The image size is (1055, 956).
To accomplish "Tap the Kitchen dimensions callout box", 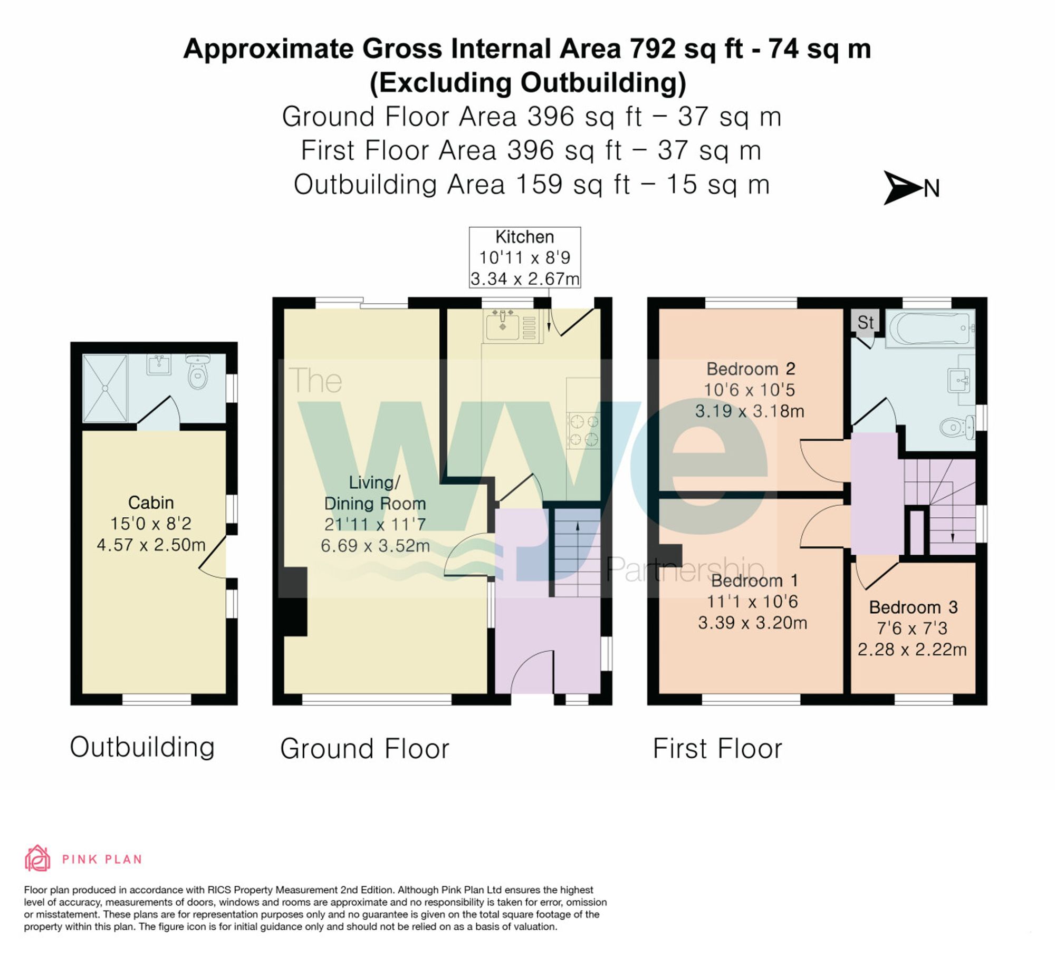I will point(524,257).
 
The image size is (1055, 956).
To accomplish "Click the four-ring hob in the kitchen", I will point(583,430).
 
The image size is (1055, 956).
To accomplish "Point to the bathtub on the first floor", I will point(929,328).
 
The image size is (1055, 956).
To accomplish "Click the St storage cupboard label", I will point(865,322).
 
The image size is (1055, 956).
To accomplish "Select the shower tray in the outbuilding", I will point(105,388).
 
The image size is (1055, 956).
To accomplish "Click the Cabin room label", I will point(151,503).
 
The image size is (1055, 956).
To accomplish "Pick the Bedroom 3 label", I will point(913,607).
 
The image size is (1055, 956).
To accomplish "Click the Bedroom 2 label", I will point(751,369).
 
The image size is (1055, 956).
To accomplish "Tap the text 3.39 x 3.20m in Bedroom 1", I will point(752,623).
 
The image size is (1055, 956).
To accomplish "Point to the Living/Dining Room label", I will point(375,493).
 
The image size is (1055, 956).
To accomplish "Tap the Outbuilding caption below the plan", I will point(142,747).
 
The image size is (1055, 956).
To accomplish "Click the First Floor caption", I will point(717,748).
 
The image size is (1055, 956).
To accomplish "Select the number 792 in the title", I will point(652,49).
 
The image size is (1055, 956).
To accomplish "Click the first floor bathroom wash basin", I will point(958,380).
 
